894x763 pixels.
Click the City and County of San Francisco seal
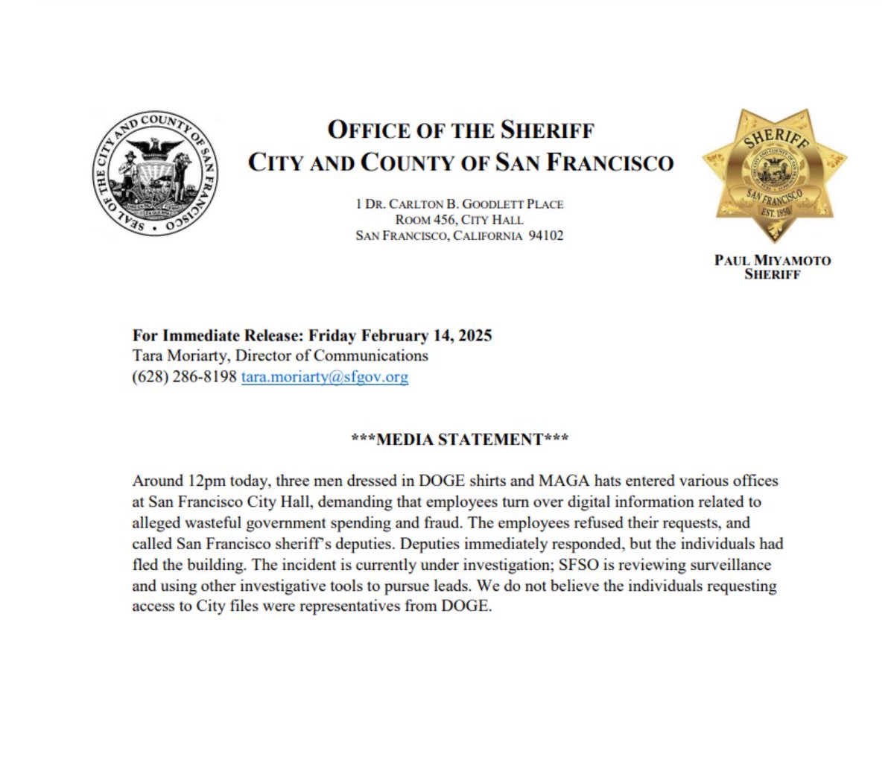coord(157,176)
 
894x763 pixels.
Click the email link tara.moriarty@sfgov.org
coord(325,377)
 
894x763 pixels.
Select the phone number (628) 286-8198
coord(184,377)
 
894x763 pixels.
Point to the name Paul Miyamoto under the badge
coord(773,261)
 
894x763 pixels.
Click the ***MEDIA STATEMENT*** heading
coord(460,440)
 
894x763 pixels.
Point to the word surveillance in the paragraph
coord(727,565)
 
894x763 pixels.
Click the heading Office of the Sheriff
coord(460,130)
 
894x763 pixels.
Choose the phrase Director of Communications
coord(332,356)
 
